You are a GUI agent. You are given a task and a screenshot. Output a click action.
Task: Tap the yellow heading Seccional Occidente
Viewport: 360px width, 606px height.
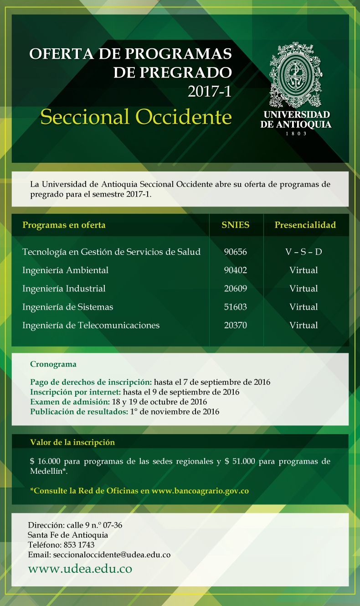pyautogui.click(x=136, y=117)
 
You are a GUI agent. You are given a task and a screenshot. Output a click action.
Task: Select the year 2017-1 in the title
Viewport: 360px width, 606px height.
pyautogui.click(x=210, y=92)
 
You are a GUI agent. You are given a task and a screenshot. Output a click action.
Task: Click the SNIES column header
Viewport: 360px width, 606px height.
pyautogui.click(x=236, y=225)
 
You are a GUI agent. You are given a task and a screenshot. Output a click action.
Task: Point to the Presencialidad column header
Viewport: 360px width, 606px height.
pyautogui.click(x=305, y=225)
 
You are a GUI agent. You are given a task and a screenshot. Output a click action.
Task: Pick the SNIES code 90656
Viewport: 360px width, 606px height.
pyautogui.click(x=236, y=252)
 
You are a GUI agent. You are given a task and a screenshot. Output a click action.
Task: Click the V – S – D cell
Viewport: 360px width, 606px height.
pyautogui.click(x=303, y=252)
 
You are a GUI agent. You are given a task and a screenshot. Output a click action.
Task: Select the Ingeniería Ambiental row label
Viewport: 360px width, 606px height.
pyautogui.click(x=65, y=270)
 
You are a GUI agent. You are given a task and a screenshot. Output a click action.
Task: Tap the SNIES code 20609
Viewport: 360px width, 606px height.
pyautogui.click(x=236, y=289)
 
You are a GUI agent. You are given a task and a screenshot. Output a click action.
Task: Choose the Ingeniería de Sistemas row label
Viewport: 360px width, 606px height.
pyautogui.click(x=67, y=307)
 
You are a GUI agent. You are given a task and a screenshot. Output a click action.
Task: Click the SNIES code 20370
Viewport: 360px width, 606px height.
pyautogui.click(x=236, y=325)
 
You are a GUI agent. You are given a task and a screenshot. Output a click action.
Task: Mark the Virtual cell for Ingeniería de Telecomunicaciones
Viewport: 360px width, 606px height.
pyautogui.click(x=303, y=325)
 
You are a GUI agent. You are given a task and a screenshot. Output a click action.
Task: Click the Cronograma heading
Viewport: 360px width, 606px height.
pyautogui.click(x=53, y=364)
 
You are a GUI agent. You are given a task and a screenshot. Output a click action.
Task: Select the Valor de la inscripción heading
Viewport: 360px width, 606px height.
pyautogui.click(x=72, y=442)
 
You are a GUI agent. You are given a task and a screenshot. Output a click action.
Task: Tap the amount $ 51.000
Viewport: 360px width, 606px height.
pyautogui.click(x=240, y=461)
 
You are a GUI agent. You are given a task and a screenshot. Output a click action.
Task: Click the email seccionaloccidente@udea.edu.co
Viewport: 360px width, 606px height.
pyautogui.click(x=112, y=555)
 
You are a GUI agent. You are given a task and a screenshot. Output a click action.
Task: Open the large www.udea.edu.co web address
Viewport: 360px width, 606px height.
pyautogui.click(x=80, y=569)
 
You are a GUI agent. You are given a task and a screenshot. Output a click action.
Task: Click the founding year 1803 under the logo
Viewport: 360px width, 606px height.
pyautogui.click(x=296, y=134)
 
